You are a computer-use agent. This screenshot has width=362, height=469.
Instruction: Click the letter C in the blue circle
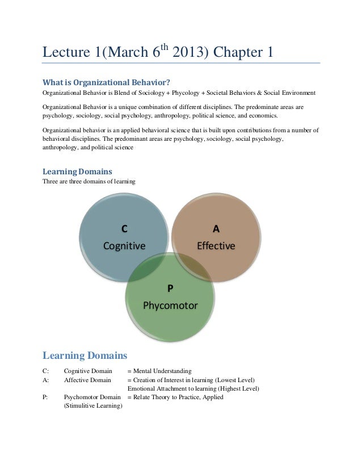124,229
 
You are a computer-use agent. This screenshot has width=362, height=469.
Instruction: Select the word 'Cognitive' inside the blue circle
124,246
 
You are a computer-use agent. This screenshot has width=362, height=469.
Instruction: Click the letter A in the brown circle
216,229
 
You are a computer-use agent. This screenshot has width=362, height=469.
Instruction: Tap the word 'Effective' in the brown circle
216,246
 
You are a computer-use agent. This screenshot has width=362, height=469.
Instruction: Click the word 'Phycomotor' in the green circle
170,305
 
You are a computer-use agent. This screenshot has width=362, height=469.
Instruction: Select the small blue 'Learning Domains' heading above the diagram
78,171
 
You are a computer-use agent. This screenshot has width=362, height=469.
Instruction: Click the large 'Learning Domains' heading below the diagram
85,356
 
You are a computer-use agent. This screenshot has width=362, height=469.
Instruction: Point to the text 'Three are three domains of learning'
89,182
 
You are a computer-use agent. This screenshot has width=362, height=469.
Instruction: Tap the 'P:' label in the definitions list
46,397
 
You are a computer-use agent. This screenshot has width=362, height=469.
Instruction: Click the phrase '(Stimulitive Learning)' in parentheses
93,406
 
